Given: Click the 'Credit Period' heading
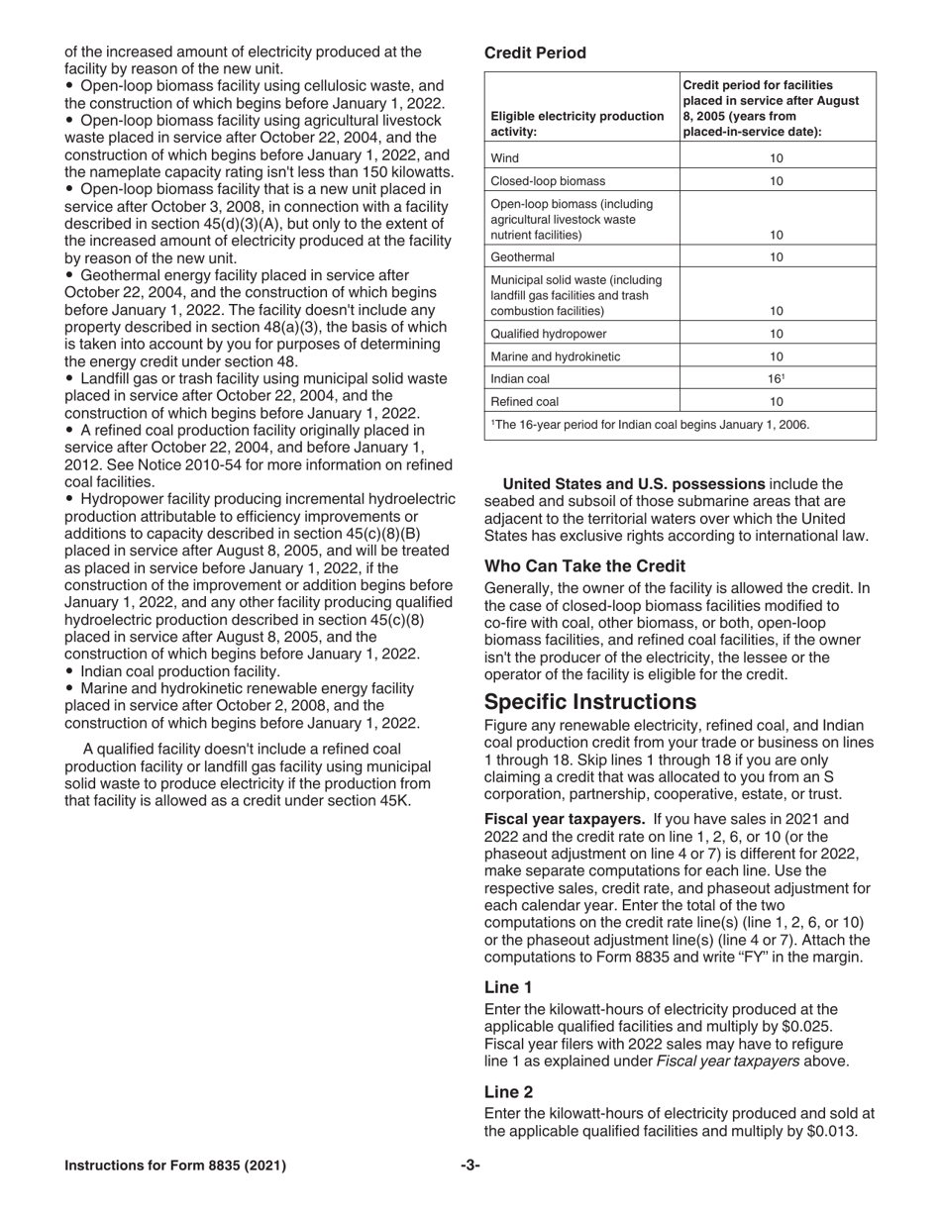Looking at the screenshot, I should point(535,53).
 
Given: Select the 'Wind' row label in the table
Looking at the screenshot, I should point(505,157).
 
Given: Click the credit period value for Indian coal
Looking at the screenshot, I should point(777,379).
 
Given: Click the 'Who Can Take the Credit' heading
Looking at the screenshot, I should point(584,566).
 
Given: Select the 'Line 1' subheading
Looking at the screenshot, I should point(508,987).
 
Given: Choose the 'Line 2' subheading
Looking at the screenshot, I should point(508,1092).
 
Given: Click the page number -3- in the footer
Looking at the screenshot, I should point(470,1166).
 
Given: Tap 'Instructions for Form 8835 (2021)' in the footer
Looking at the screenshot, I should point(175,1166).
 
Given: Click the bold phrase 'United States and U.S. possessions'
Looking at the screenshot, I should point(634,484).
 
